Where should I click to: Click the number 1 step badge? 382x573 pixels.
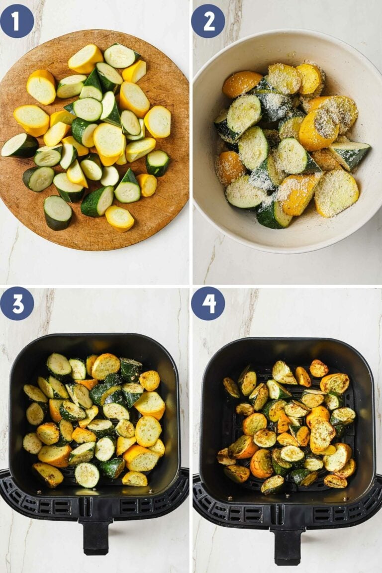tap(17, 21)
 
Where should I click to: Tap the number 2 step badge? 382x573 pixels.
tap(208, 21)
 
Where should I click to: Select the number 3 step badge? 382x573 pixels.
tap(17, 303)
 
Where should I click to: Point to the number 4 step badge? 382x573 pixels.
tap(208, 303)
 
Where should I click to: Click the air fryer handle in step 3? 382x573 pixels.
tap(96, 537)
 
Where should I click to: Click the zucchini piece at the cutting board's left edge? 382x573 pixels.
tap(19, 146)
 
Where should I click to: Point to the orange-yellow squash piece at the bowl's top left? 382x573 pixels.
tap(242, 84)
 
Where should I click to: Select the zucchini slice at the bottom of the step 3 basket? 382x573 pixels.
tap(87, 475)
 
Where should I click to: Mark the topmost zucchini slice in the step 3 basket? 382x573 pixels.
tap(59, 365)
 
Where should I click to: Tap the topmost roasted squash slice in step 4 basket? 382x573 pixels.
tap(319, 368)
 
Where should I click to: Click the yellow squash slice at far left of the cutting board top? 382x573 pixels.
tap(41, 87)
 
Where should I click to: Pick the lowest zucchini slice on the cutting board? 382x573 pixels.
tap(57, 212)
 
